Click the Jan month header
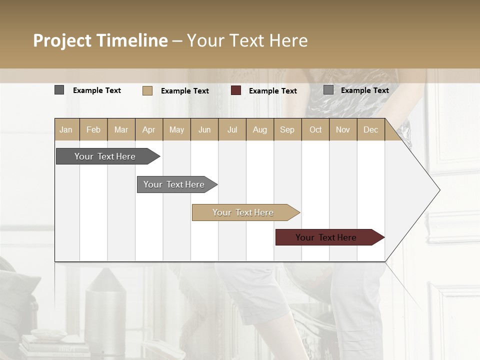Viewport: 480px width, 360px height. pos(66,129)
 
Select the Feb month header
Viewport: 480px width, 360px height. pos(93,129)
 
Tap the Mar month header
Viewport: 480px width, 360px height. pos(121,129)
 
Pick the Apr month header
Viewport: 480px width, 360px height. pos(149,129)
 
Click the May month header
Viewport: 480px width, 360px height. pos(176,129)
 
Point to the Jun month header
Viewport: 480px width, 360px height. pos(204,129)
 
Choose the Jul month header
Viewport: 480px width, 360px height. pos(232,129)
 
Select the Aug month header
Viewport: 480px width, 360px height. pos(260,129)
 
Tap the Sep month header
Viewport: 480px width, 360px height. pos(287,129)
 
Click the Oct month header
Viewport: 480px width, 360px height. pos(315,129)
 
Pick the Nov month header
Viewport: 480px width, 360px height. pos(343,129)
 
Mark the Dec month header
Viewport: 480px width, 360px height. pos(371,129)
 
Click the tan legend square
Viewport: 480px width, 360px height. pos(147,90)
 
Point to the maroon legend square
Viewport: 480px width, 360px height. pos(236,90)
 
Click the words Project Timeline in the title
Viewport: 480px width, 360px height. pos(100,40)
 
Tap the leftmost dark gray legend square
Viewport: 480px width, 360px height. pos(59,90)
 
